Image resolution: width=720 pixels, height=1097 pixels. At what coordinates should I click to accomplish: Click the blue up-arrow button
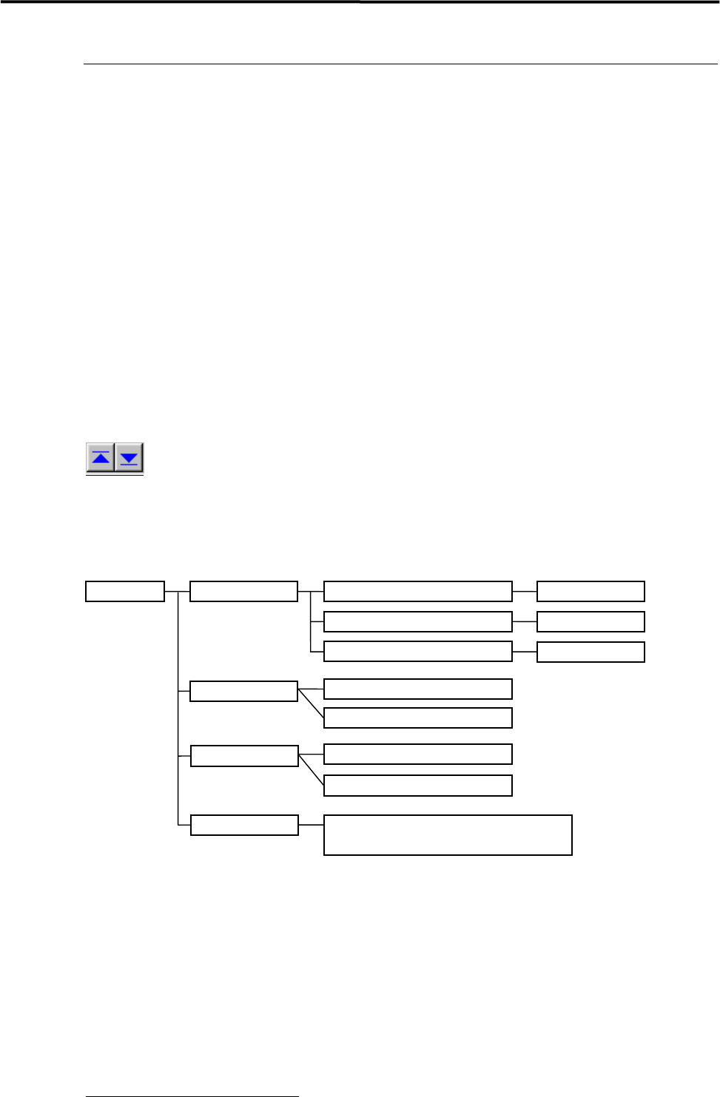tap(101, 458)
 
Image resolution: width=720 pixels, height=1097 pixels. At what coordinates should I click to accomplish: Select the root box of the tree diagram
tap(124, 592)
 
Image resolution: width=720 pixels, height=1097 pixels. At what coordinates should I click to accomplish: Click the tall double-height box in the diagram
tap(448, 835)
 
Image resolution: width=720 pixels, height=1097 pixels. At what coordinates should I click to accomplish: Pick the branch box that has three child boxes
tap(243, 592)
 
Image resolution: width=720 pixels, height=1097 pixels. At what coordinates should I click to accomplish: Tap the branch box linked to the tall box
tap(244, 825)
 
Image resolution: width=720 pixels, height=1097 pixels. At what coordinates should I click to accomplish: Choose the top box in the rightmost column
tap(591, 592)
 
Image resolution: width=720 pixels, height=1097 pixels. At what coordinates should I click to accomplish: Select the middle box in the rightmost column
tap(591, 621)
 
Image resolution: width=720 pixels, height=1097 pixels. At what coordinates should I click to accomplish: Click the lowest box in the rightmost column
tap(591, 652)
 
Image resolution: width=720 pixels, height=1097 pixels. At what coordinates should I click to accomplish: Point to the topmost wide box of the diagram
tap(417, 592)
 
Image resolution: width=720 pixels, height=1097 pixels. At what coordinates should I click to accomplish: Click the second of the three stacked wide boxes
tap(417, 621)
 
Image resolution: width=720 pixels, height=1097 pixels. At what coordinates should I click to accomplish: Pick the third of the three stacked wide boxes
tap(417, 651)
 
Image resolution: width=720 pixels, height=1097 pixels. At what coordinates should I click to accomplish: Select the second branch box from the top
tap(243, 691)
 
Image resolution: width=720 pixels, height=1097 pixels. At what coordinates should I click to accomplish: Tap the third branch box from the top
tap(244, 756)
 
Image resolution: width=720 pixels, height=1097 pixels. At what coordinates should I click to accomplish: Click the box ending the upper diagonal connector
tap(417, 718)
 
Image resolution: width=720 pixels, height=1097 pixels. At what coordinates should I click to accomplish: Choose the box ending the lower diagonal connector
tap(417, 786)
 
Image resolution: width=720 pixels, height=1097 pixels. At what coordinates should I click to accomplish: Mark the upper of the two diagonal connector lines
tap(311, 704)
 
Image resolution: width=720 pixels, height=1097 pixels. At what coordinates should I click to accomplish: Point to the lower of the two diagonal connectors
tap(311, 770)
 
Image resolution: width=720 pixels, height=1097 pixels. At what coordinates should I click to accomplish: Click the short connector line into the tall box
tap(311, 825)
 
